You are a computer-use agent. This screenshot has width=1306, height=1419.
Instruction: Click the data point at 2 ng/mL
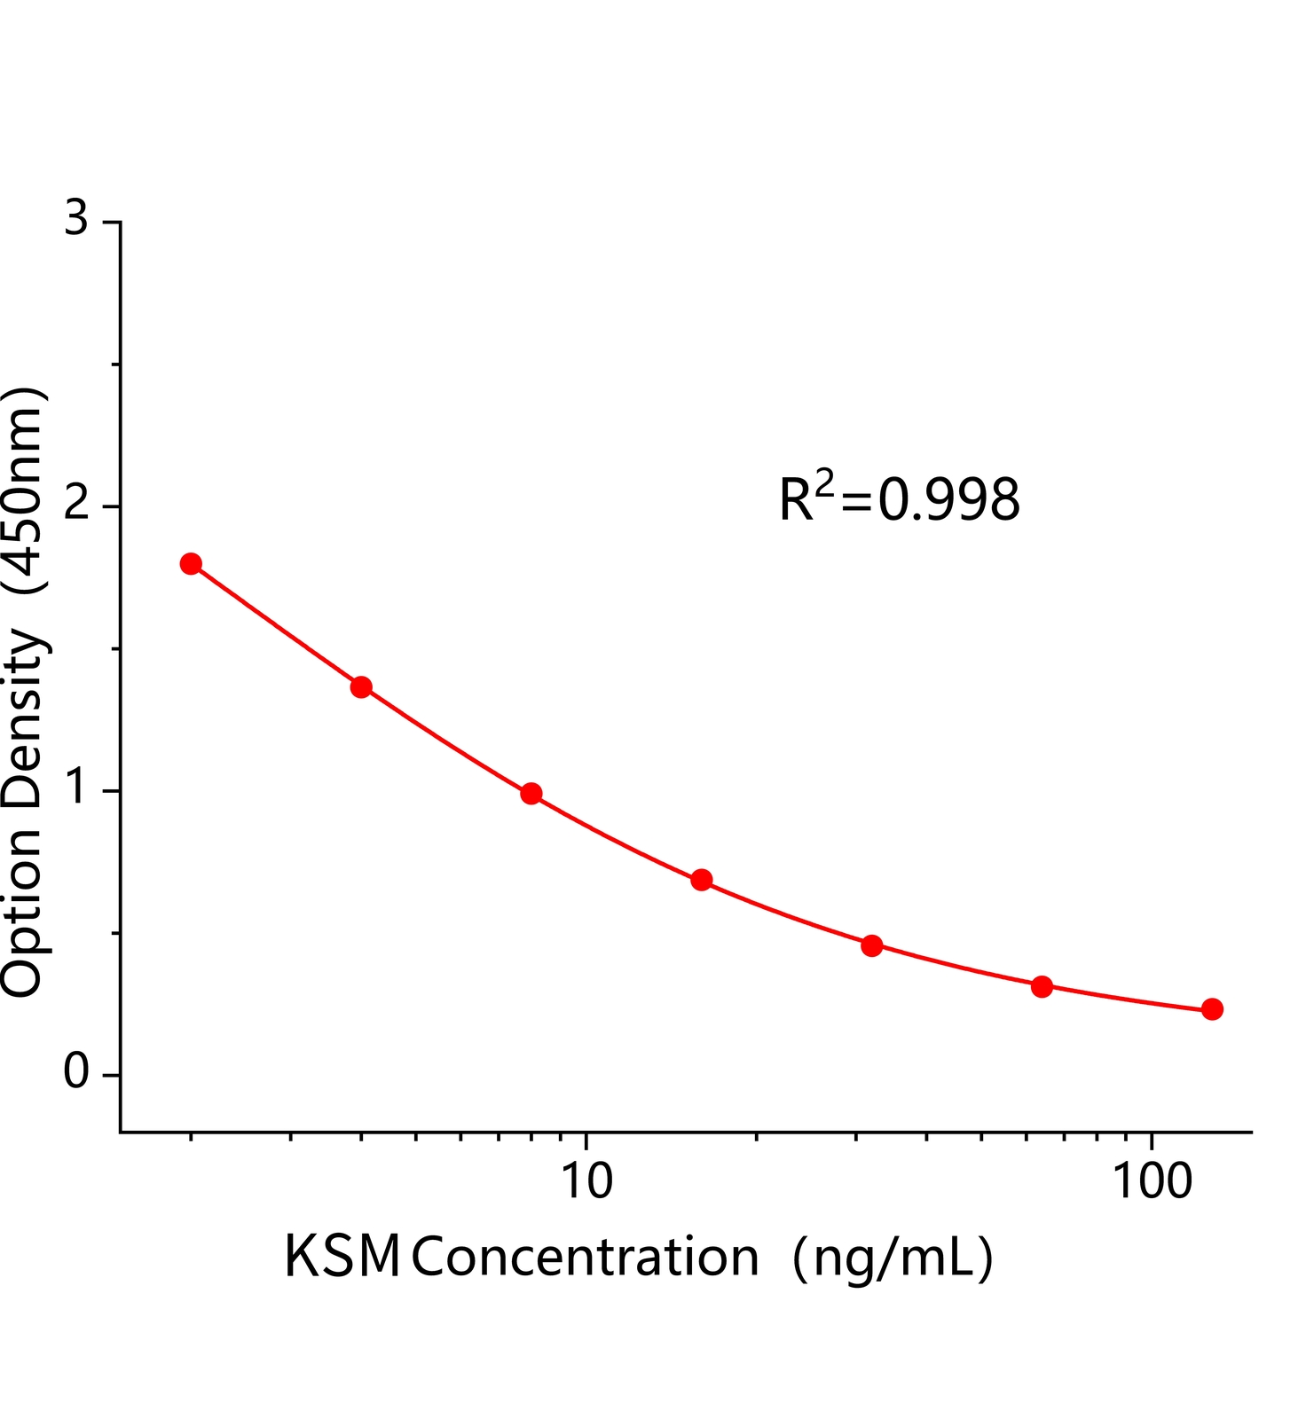[191, 564]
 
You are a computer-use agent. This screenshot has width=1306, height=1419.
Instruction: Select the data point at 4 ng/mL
[361, 687]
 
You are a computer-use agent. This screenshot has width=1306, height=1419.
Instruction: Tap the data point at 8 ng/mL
[531, 794]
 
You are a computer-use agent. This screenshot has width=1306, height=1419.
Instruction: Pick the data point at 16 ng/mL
[702, 881]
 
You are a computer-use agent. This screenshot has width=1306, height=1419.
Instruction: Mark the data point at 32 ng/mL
[872, 945]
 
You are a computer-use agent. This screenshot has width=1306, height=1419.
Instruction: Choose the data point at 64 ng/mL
[1042, 987]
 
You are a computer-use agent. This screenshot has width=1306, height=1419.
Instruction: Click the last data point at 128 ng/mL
[1213, 1009]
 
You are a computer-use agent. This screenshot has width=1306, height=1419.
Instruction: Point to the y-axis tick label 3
[77, 218]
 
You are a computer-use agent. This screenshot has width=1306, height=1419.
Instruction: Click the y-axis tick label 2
[77, 505]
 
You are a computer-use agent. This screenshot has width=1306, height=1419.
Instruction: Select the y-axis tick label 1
[77, 788]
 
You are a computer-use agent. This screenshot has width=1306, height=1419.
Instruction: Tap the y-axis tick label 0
[77, 1073]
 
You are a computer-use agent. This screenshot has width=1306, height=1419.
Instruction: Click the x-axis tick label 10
[586, 1181]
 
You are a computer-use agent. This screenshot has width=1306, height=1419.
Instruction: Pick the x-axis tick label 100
[1152, 1181]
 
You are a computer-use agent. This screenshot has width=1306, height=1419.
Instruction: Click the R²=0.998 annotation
[899, 498]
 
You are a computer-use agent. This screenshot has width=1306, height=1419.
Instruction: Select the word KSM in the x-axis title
[342, 1258]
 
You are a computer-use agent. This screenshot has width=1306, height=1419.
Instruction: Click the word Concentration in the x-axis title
[585, 1258]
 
